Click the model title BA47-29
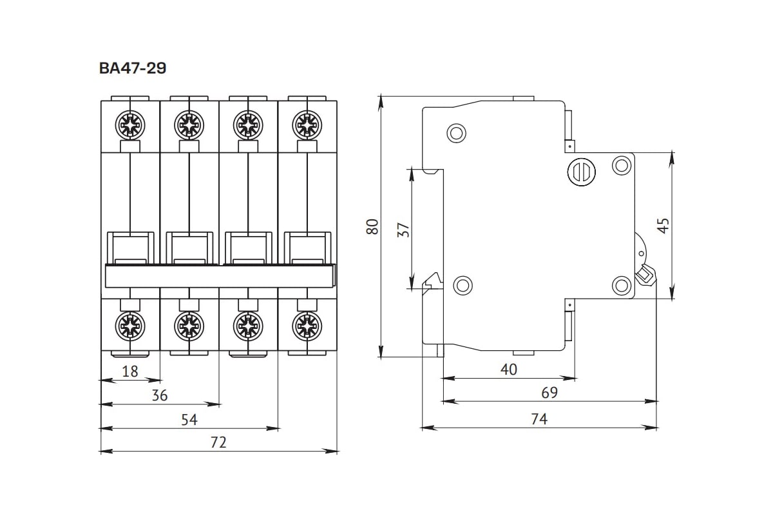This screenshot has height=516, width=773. coord(133,68)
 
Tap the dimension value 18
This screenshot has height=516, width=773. coord(130,371)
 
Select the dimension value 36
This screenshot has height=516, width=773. coord(159,395)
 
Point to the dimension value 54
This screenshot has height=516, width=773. coord(189,419)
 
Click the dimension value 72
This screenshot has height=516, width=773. coord(219,442)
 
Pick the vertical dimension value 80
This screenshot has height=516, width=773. coord(372,226)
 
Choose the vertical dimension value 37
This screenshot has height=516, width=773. coord(403,230)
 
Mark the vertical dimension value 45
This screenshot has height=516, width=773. coord(663,224)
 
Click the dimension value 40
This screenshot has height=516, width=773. coord(509,370)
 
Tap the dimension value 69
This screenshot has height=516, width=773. coord(549,393)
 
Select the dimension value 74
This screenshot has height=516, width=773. coord(539,419)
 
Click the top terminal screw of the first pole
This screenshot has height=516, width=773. coord(130,123)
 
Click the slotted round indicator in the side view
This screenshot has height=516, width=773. coord(581,172)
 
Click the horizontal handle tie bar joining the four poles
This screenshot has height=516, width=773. coord(220,275)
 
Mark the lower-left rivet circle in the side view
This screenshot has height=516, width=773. coord(463,284)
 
